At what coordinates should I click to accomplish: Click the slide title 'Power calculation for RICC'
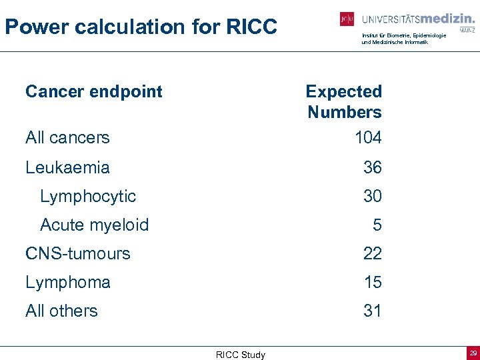tap(141, 27)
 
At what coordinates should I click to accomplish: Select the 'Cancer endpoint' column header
tap(93, 91)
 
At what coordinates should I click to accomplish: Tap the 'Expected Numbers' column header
tap(344, 101)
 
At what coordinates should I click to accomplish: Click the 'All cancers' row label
tap(67, 137)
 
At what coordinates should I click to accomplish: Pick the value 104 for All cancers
tap(368, 137)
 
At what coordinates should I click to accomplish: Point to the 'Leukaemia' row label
tap(67, 167)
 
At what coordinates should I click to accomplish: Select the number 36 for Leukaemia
tap(373, 167)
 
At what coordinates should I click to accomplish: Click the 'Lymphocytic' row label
tap(88, 196)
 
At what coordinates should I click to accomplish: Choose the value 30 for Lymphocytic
tap(373, 196)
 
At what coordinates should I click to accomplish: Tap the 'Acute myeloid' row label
tap(94, 225)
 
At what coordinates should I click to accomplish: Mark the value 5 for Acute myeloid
tap(377, 225)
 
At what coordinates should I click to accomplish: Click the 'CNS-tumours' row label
tap(78, 253)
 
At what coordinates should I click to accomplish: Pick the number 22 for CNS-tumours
tap(373, 253)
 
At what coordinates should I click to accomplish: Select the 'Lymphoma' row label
tap(67, 282)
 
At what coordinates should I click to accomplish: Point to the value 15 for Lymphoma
tap(373, 282)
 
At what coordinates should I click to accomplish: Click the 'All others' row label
tap(61, 311)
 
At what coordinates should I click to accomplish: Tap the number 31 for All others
tap(373, 311)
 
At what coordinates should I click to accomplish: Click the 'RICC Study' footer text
tap(240, 355)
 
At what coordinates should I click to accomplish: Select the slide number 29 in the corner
tap(473, 353)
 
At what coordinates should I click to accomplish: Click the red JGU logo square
tap(347, 19)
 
